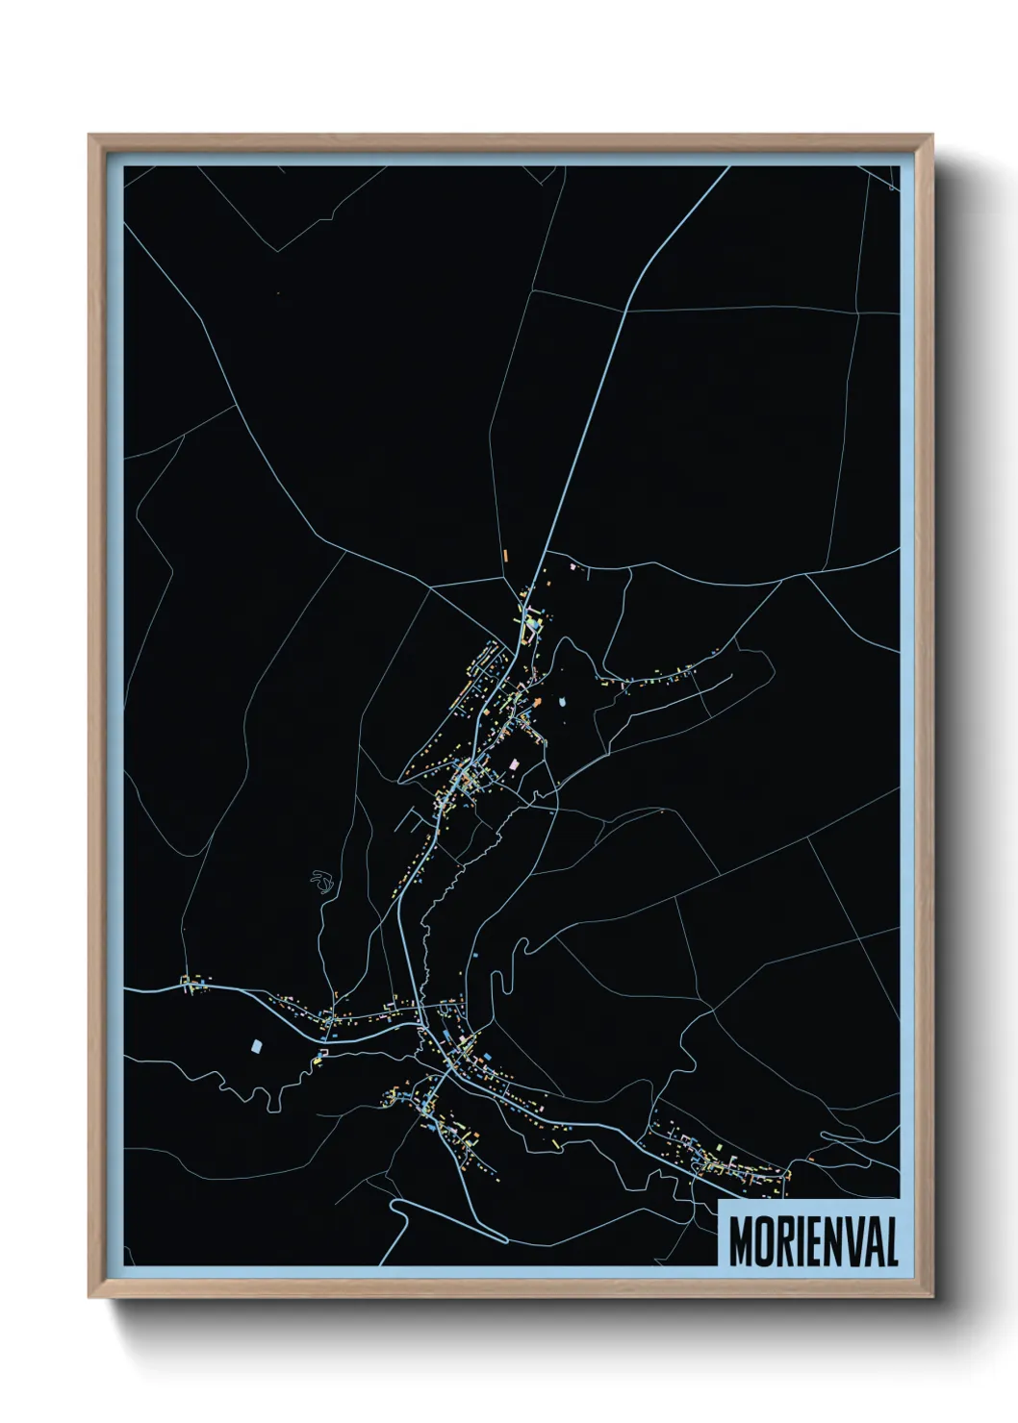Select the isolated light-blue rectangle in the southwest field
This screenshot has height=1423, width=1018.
pos(256,1045)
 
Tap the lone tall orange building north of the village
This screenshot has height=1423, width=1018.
pos(504,555)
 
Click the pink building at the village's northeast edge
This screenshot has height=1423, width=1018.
pos(574,567)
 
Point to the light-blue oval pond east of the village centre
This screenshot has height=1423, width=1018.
pos(563,702)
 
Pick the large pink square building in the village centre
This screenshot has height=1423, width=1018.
pos(514,763)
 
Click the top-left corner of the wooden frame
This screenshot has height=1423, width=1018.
pos(89,136)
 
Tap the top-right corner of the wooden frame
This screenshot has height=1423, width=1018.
pos(934,136)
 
